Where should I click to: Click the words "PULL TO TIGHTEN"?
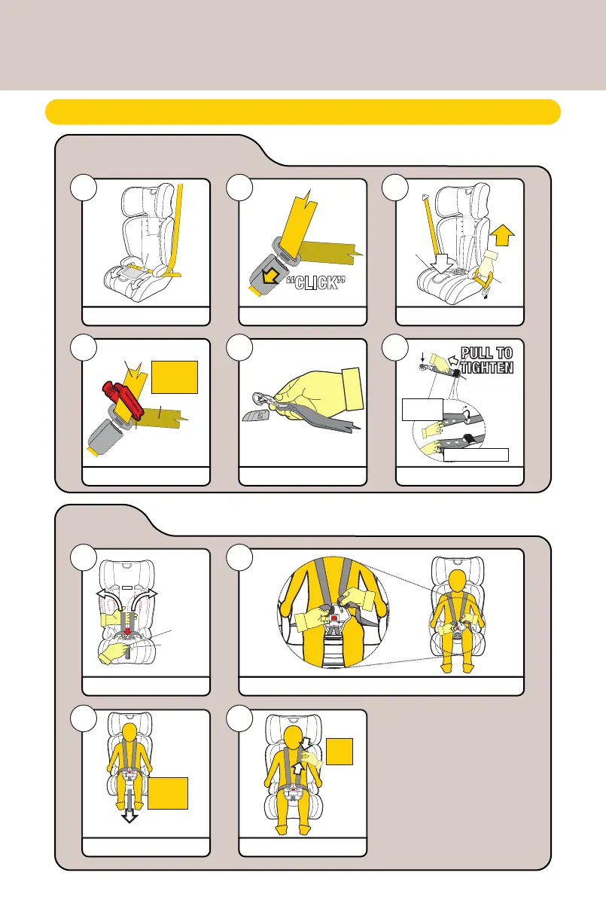tap(483, 358)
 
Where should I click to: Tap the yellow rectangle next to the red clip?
tap(175, 377)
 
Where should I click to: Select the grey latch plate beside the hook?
tap(257, 415)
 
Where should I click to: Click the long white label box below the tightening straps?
tap(475, 453)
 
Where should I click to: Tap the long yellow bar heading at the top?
tap(303, 111)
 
